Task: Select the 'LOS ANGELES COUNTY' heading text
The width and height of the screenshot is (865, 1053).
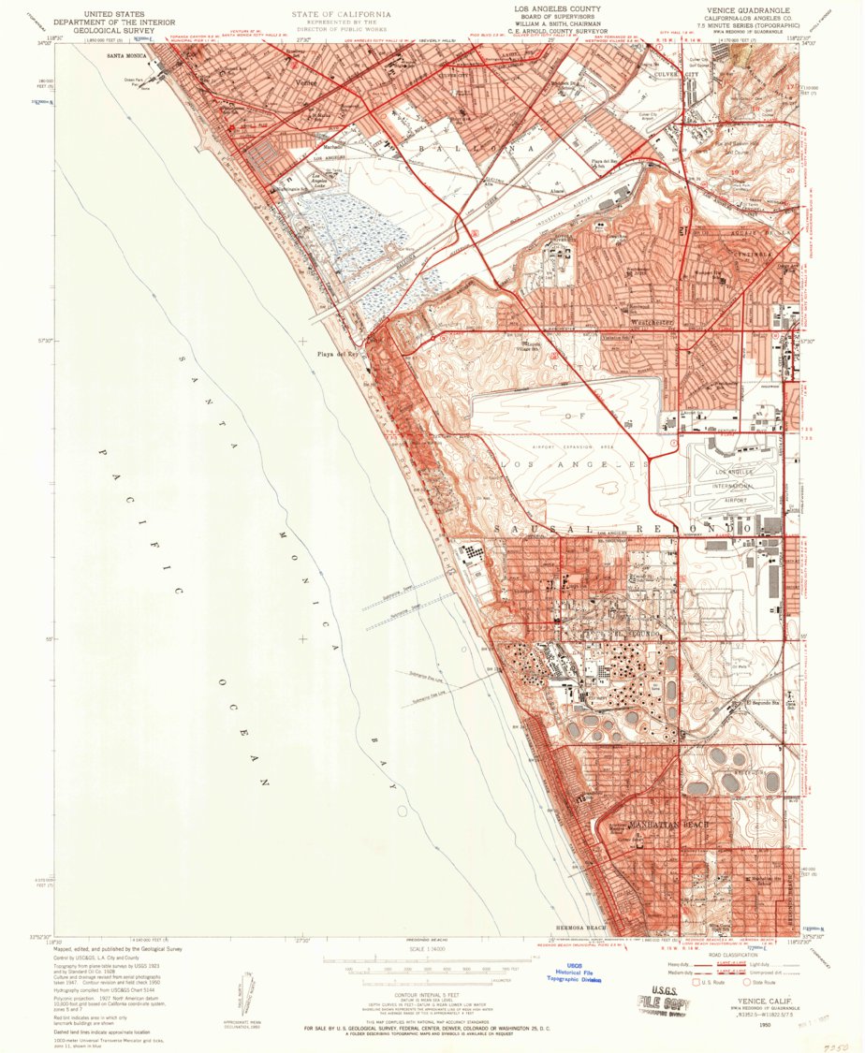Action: click(556, 8)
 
